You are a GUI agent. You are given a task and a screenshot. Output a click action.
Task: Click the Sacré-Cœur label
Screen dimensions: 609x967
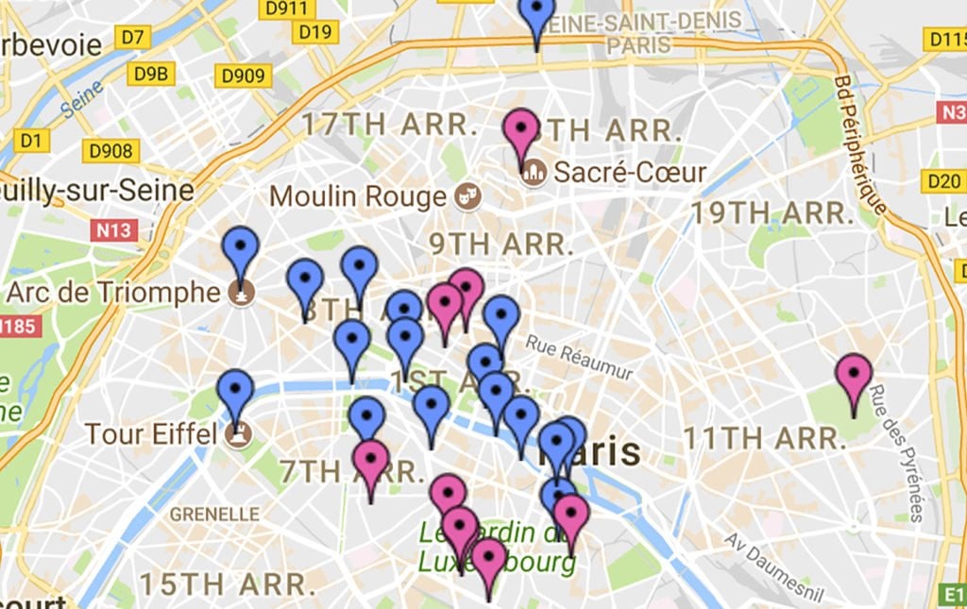coord(630,173)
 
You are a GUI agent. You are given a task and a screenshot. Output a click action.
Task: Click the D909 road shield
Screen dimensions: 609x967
coord(243,76)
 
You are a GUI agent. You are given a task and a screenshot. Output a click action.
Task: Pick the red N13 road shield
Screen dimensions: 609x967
coord(114,229)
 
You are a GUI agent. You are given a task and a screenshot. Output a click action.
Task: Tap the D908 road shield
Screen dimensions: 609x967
coord(110,150)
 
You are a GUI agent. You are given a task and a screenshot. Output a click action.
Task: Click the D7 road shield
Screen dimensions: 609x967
coord(132,38)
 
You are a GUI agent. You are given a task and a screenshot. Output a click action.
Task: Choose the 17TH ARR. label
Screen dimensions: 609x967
coord(384,124)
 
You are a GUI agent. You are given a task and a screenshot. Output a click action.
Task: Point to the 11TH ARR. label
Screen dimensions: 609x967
coord(763,438)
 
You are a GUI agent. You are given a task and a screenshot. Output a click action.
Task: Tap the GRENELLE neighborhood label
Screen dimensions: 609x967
coord(214,515)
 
